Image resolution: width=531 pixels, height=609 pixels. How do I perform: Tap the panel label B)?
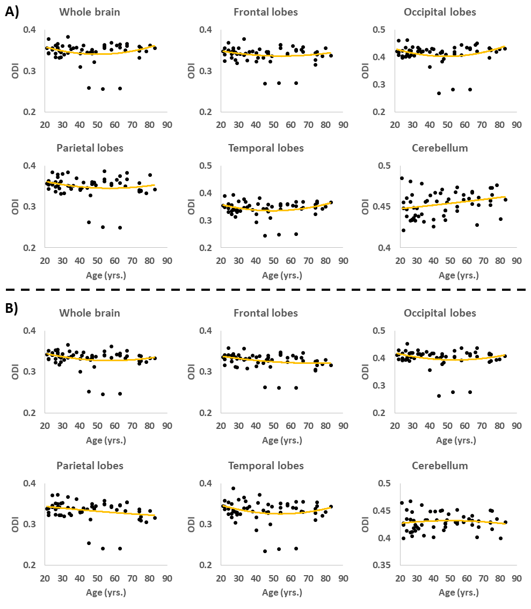[11, 309]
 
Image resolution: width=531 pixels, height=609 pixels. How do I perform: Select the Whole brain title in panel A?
[90, 12]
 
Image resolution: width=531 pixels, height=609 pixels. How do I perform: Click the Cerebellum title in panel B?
[440, 465]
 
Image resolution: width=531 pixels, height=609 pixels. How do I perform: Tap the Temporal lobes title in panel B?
[266, 465]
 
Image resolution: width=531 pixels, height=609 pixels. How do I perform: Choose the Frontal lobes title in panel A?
[266, 12]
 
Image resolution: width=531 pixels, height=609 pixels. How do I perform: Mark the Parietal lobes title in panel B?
[90, 465]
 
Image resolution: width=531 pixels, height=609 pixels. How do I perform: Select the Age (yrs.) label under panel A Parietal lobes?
[106, 275]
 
